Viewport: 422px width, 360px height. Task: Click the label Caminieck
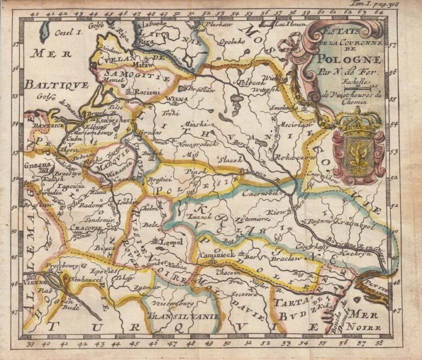tap(217, 256)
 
